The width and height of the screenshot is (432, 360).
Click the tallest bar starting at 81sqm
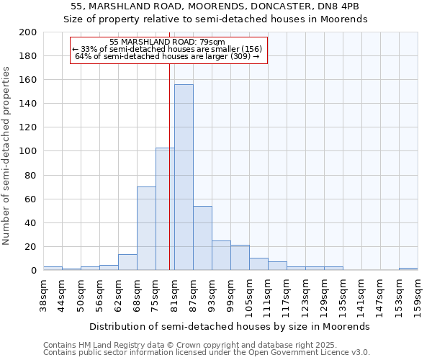[184, 177]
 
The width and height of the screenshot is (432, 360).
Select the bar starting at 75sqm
[164, 209]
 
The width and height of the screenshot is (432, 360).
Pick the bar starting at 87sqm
[202, 238]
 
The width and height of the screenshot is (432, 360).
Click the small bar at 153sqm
[408, 269]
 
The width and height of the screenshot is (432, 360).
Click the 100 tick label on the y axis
[28, 151]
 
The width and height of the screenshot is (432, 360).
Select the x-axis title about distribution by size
[230, 326]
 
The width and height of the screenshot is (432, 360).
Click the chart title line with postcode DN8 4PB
[215, 6]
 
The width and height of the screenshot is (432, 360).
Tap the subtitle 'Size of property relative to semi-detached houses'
[215, 19]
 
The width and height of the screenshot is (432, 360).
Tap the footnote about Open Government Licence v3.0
[206, 353]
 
